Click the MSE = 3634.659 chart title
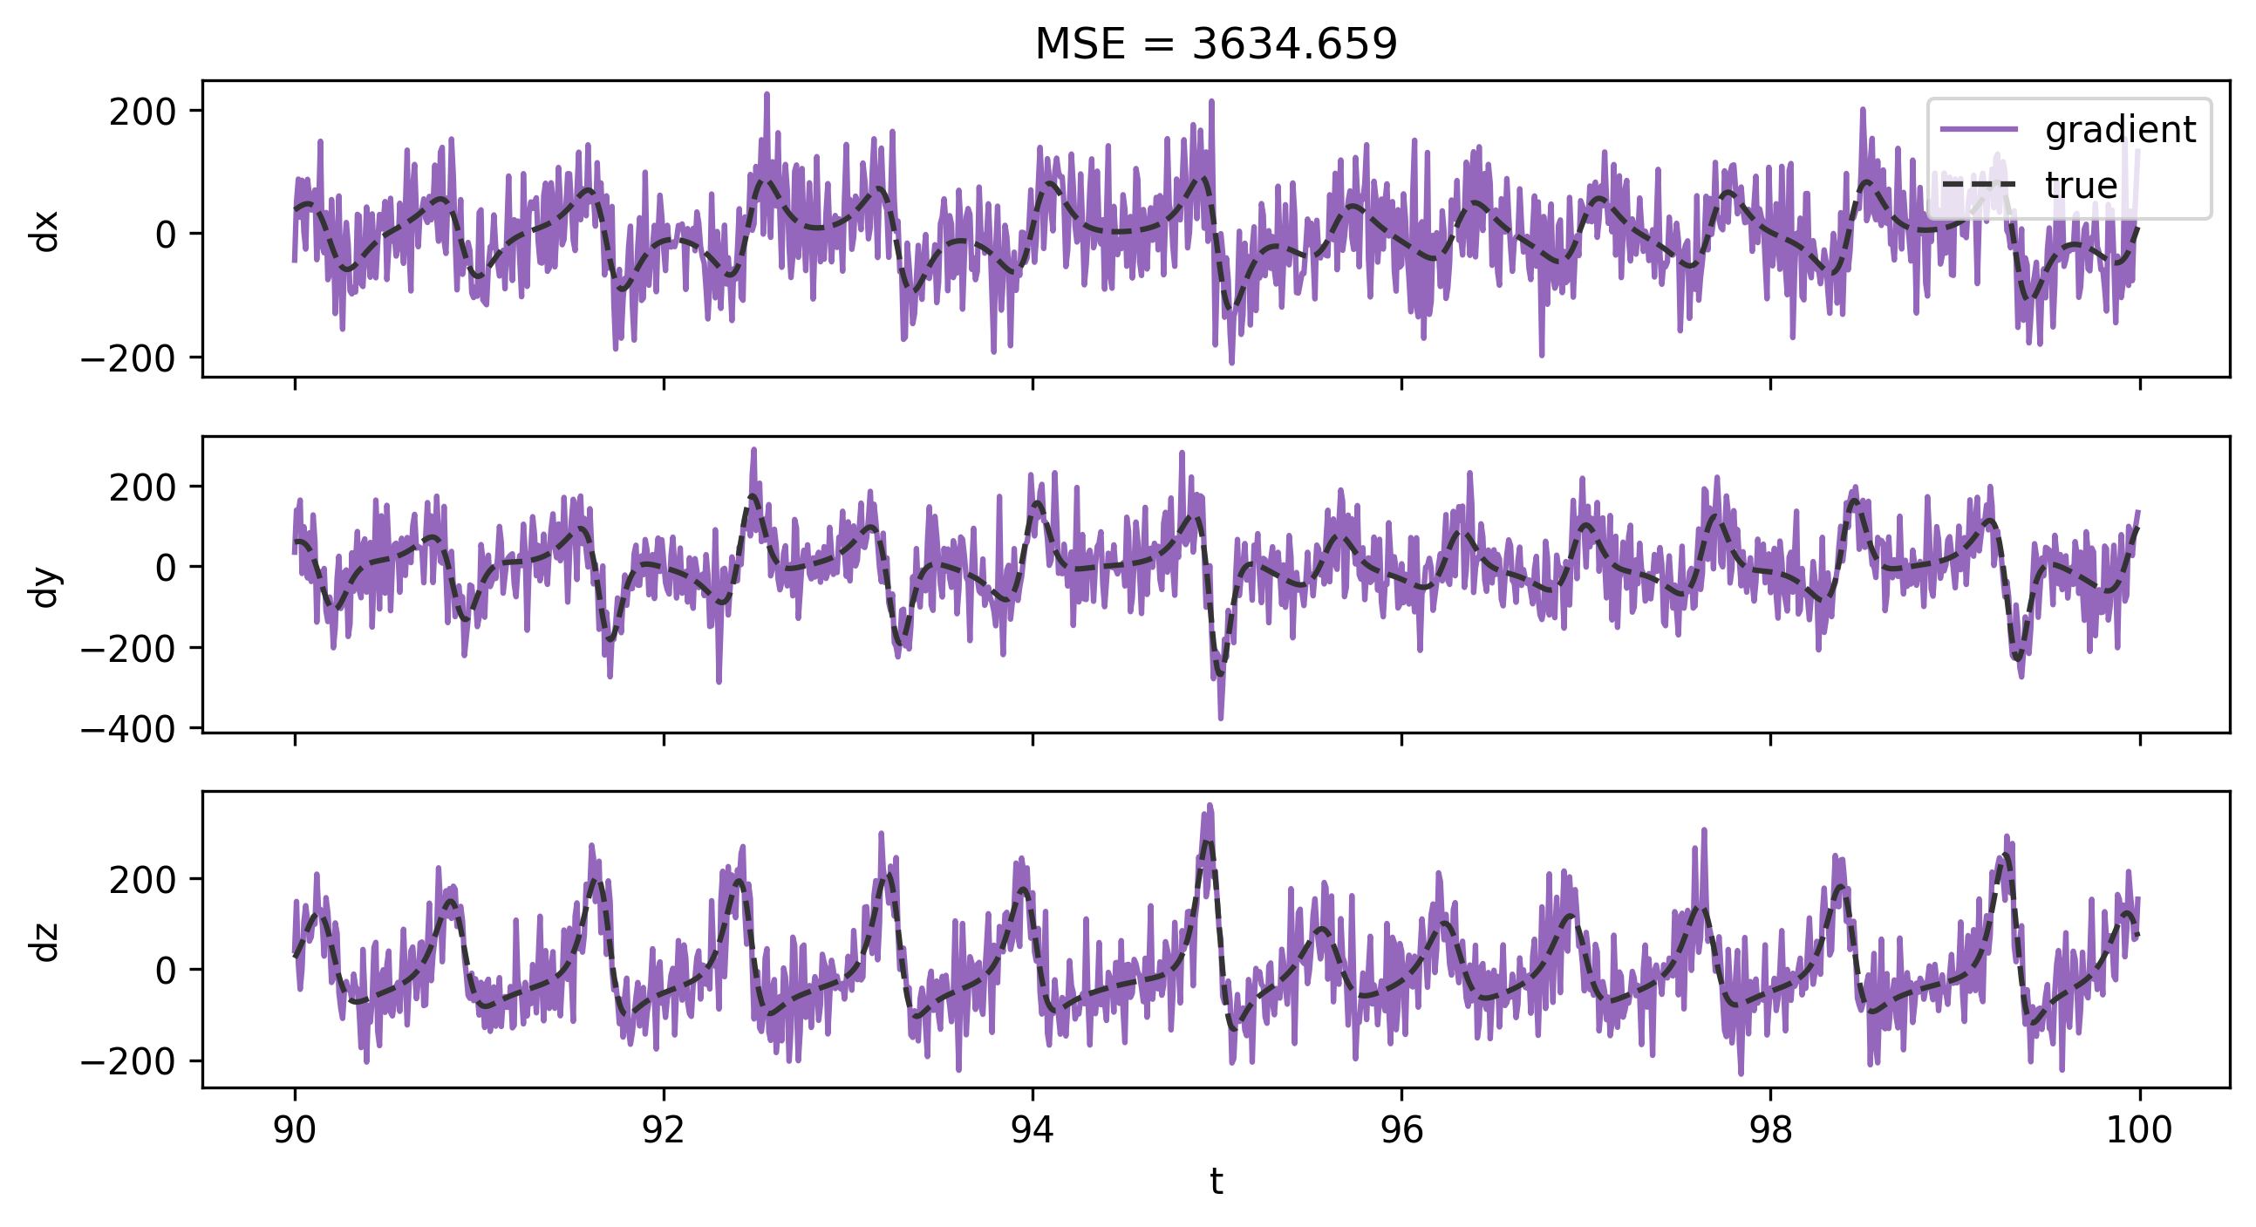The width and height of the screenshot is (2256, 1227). click(1216, 44)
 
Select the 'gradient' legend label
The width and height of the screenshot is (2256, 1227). click(2120, 130)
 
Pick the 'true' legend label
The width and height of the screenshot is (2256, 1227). click(2081, 186)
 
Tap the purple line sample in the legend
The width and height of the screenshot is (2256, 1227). click(1979, 130)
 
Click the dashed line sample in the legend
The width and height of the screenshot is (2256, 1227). click(1979, 185)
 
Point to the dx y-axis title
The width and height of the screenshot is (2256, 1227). click(44, 230)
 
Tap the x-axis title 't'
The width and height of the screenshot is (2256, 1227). click(1216, 1182)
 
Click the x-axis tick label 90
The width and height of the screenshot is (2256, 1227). click(294, 1130)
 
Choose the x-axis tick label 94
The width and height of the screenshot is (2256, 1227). click(1033, 1130)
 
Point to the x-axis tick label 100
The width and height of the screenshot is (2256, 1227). click(2138, 1130)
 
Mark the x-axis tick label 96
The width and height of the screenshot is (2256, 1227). click(1401, 1130)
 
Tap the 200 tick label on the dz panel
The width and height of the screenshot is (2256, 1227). click(143, 879)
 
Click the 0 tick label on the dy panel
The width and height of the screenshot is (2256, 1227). click(166, 568)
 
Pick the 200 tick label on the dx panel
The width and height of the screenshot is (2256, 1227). click(143, 112)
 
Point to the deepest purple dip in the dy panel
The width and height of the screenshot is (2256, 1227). click(1221, 719)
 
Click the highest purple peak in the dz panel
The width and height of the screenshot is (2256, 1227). click(1210, 805)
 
